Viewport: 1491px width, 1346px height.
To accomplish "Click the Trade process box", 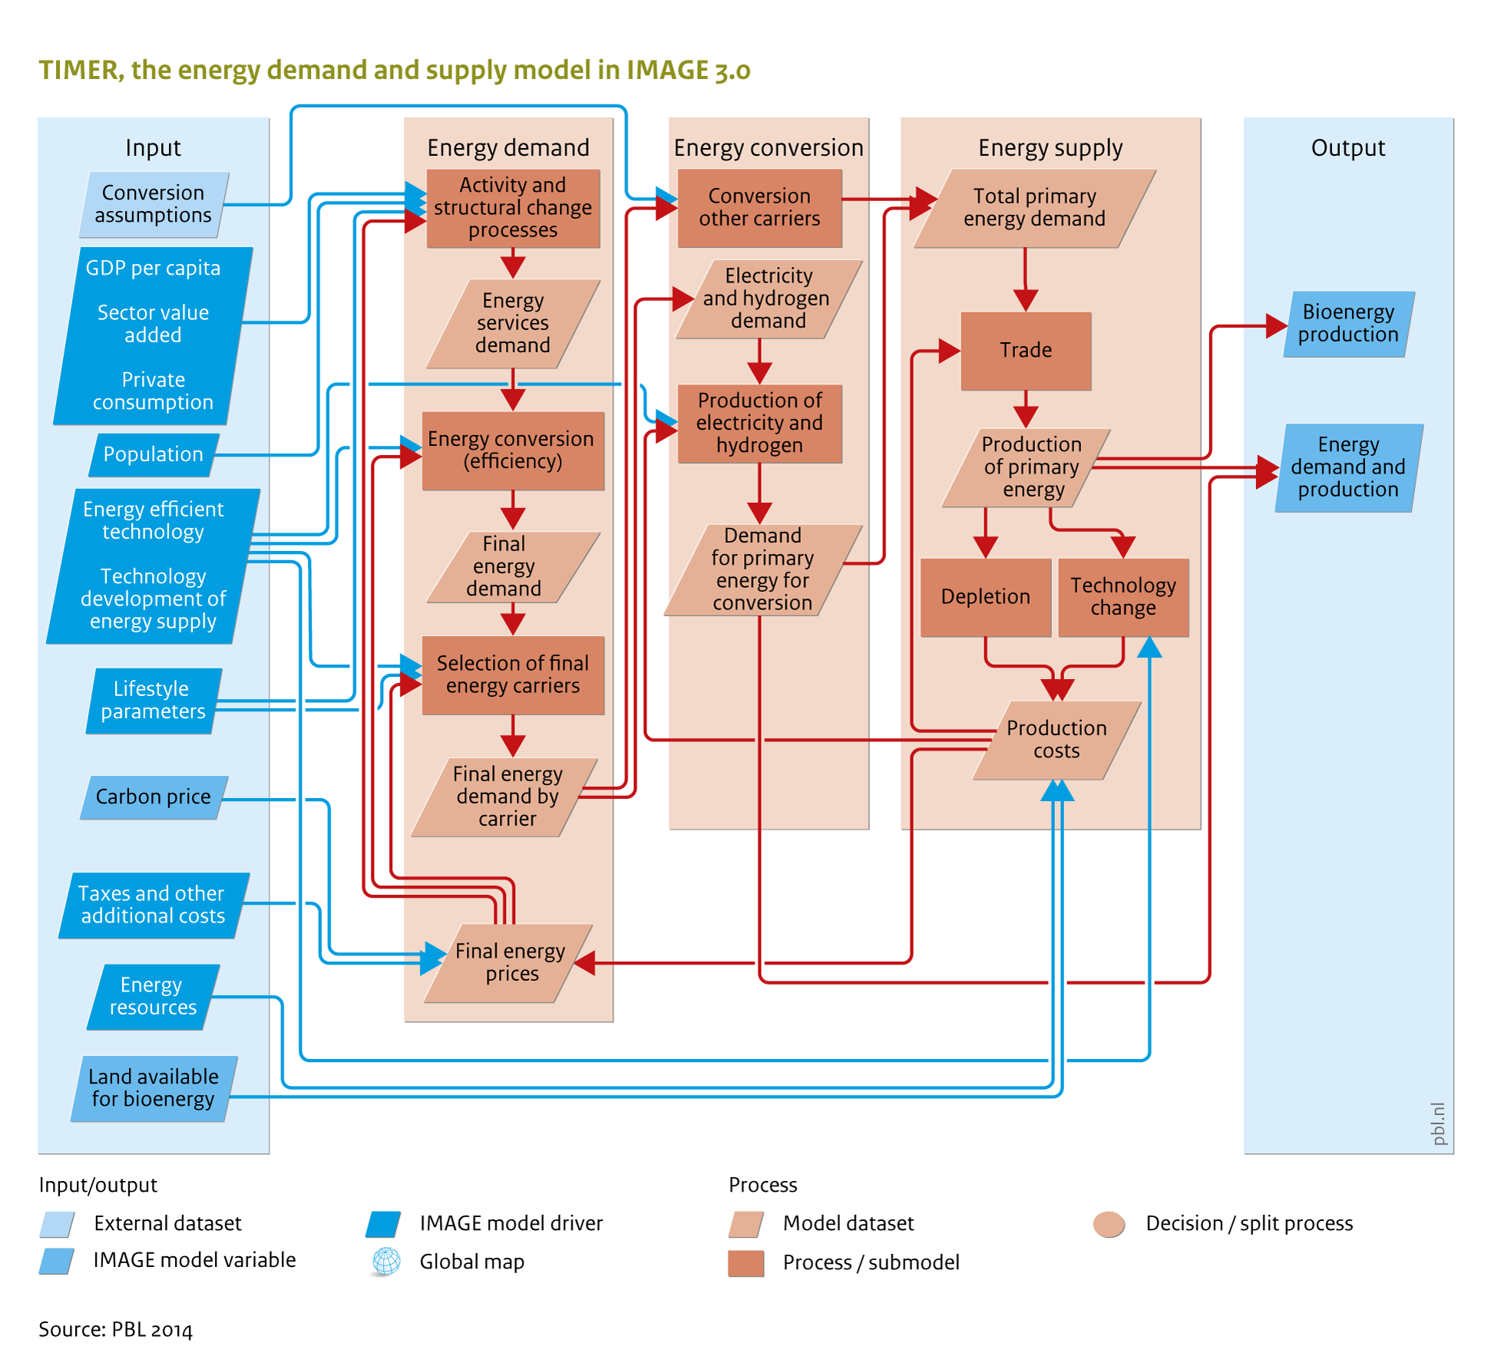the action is (1026, 351).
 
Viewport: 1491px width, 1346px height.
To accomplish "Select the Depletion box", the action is (986, 597).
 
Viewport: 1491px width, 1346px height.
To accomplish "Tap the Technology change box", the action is (1123, 597).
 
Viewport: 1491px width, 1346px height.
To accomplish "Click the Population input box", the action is (154, 454).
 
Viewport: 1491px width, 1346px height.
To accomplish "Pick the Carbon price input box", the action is (154, 797).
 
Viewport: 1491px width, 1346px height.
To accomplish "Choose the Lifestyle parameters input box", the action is (154, 701).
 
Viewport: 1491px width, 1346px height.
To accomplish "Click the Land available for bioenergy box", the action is (154, 1089).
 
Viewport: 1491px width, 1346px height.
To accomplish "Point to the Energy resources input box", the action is (153, 997).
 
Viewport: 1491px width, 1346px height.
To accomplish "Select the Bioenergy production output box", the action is (1349, 324).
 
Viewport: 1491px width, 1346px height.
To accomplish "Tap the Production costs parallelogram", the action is (1057, 741).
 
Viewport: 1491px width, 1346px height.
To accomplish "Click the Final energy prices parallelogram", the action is (509, 963).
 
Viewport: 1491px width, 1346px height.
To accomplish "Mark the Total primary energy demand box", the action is (1035, 208).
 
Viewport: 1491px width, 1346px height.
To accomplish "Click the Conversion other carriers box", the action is (759, 208).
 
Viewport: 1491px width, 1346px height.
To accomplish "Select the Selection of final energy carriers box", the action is (513, 675).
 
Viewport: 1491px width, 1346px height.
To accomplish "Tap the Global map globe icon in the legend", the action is (386, 1262).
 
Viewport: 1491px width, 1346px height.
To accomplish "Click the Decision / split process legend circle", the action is (1109, 1224).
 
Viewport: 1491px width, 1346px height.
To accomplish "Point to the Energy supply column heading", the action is (1050, 147).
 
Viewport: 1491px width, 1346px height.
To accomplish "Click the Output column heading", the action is (1348, 147).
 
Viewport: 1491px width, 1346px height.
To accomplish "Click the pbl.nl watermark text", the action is (1439, 1123).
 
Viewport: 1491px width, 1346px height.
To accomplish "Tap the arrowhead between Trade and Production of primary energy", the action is (1026, 417).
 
